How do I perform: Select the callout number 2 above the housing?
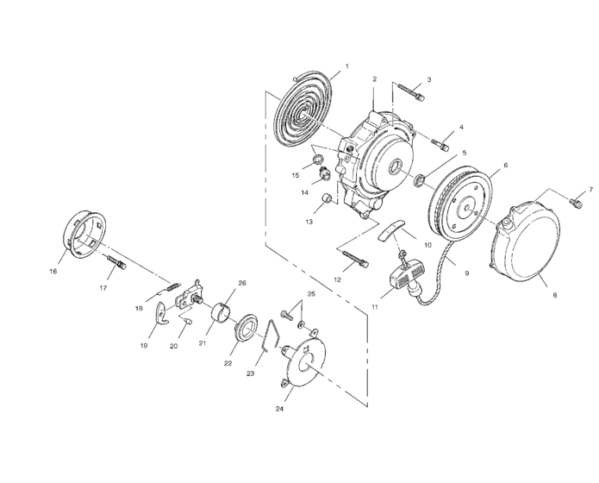click(x=375, y=78)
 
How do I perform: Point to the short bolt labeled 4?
click(x=440, y=141)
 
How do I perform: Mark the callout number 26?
click(x=241, y=283)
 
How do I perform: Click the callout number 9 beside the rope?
click(x=466, y=273)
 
